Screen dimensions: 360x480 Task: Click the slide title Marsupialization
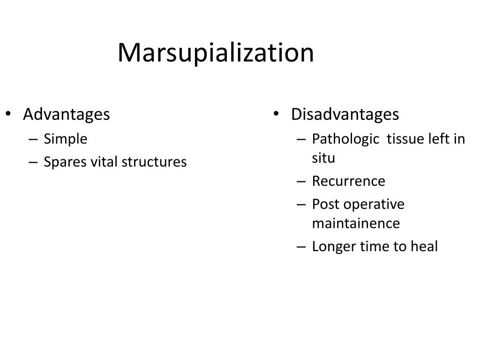click(x=216, y=52)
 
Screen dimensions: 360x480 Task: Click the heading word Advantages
click(x=67, y=114)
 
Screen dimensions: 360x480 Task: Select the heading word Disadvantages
click(x=345, y=114)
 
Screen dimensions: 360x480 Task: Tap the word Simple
click(x=66, y=139)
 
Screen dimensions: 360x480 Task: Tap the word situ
click(x=324, y=158)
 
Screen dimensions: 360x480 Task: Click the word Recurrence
click(x=348, y=181)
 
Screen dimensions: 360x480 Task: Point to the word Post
click(x=325, y=204)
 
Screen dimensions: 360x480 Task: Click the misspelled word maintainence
click(x=356, y=223)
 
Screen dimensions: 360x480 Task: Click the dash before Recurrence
click(x=301, y=181)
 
